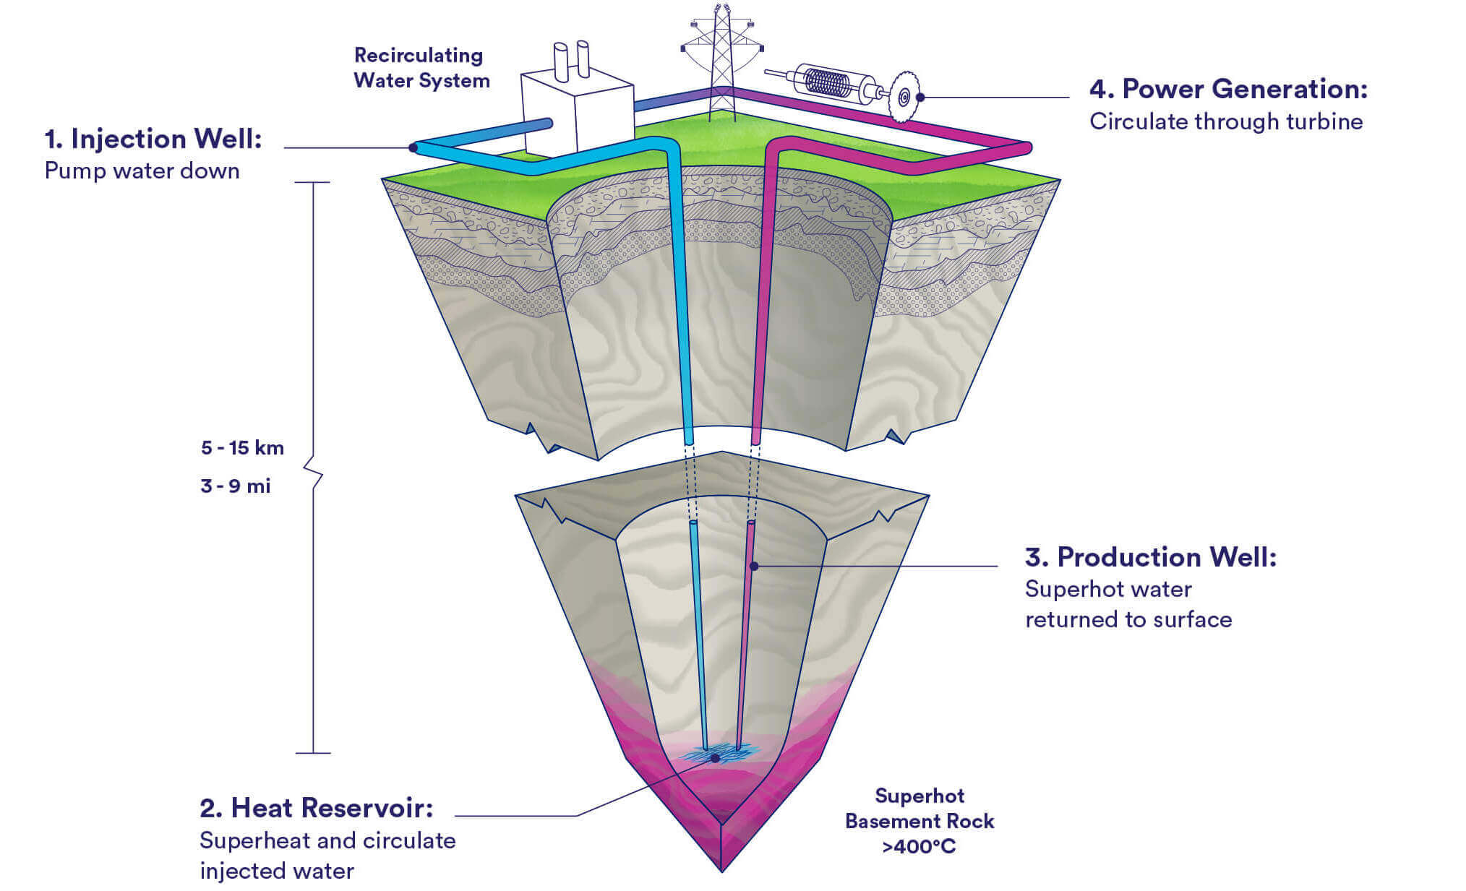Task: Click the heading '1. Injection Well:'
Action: tap(153, 139)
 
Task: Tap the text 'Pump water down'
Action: tap(142, 171)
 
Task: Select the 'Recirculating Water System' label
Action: tap(421, 68)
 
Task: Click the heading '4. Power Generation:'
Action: tap(1228, 89)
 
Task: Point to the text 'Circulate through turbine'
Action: tap(1226, 121)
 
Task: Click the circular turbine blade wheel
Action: tap(903, 96)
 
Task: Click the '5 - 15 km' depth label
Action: tap(242, 448)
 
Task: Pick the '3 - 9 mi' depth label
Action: tap(236, 486)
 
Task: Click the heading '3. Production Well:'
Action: tap(1151, 557)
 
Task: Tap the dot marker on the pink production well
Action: tap(753, 566)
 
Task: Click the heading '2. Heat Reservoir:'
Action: tap(316, 808)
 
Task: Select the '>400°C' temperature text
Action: tap(919, 847)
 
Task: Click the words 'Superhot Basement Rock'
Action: tap(919, 809)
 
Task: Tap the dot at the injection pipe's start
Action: tap(413, 147)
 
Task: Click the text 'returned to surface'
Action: tap(1128, 620)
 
